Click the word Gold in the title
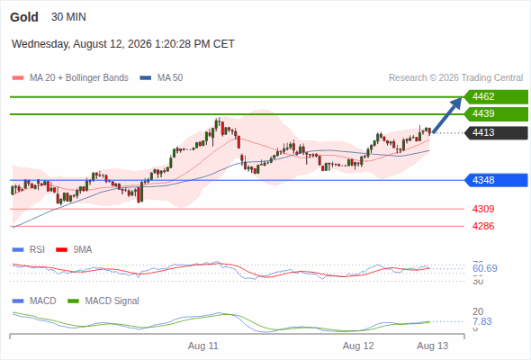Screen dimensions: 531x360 pos(24,17)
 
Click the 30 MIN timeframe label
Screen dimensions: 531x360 pos(68,17)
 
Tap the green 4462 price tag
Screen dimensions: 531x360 pos(496,97)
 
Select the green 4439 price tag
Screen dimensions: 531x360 pos(496,113)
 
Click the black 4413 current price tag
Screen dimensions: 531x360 pos(496,132)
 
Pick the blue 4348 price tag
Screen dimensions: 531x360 pos(496,180)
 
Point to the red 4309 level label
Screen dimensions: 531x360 pos(483,209)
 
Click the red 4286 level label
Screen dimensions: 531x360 pos(483,226)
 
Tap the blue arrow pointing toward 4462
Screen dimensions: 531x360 pos(447,115)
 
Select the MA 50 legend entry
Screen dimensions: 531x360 pos(161,78)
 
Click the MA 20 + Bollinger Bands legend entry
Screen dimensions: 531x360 pos(70,78)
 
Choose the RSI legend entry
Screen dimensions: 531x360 pos(29,249)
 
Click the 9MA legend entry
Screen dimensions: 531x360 pos(74,249)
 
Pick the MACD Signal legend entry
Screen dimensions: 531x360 pos(103,301)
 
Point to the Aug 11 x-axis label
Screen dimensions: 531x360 pos(203,346)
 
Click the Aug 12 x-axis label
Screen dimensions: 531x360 pos(358,346)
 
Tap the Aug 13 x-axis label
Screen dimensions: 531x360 pos(433,346)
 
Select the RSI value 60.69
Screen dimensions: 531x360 pos(485,268)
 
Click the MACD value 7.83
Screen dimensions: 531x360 pos(481,321)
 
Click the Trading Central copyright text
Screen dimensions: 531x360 pos(455,78)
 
